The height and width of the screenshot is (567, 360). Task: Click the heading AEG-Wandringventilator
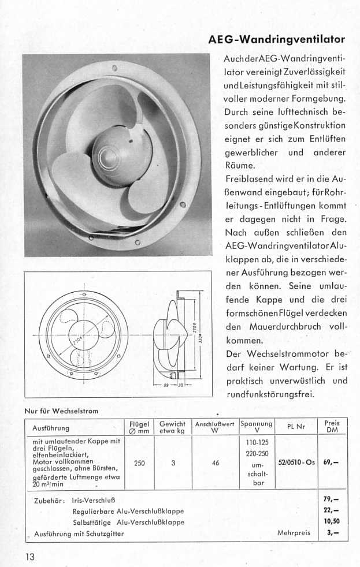(277, 39)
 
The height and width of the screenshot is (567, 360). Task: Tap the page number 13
(31, 557)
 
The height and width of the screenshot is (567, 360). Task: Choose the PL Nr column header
(296, 428)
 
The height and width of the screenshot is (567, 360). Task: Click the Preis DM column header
(332, 427)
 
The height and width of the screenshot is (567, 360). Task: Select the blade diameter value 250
(139, 462)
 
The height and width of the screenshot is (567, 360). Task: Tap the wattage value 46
(214, 462)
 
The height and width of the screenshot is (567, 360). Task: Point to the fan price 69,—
(331, 462)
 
